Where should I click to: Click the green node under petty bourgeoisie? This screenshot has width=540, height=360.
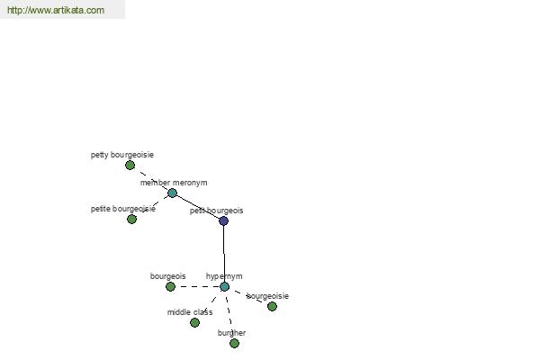coord(130,166)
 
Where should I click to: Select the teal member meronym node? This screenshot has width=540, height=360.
coord(172,193)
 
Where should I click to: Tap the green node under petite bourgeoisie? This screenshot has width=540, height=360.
coord(131,219)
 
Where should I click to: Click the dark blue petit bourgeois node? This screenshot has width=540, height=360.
coord(223,220)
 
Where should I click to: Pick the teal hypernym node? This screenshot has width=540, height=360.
coord(224,286)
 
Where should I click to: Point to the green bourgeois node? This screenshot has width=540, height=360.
coord(170,286)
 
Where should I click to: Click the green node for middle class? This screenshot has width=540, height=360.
coord(194,323)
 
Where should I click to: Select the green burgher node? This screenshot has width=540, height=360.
coord(234,344)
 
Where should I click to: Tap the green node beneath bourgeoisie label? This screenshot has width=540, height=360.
coord(272,306)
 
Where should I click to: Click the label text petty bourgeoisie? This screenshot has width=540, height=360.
coord(122,155)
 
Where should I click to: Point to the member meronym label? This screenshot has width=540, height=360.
coord(174,183)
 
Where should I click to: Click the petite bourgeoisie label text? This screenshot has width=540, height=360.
coord(123,209)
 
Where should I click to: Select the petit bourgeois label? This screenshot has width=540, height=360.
coord(216,211)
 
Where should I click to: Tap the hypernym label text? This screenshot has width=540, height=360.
coord(224,276)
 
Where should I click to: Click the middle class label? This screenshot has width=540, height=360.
coord(190,312)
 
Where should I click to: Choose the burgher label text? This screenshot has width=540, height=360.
coord(231,333)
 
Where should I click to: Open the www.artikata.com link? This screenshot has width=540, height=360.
coord(56,10)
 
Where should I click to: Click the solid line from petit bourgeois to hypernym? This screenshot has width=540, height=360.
coord(224,254)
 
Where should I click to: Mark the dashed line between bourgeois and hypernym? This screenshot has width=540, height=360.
coord(197,286)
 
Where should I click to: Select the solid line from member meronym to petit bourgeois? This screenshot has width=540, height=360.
coord(198,207)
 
